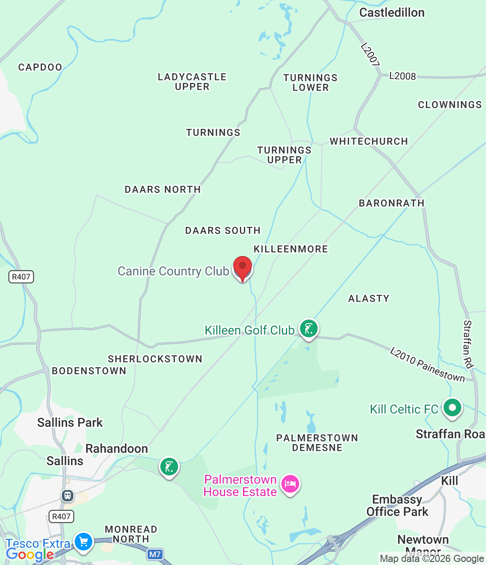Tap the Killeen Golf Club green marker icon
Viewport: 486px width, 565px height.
[x=308, y=329]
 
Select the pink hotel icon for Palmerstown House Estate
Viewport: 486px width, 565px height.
[x=290, y=484]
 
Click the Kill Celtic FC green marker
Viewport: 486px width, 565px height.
[x=452, y=408]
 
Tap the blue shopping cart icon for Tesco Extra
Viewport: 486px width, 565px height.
[x=83, y=542]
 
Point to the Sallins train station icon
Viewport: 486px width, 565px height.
[x=67, y=496]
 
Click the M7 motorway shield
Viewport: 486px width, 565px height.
[x=155, y=554]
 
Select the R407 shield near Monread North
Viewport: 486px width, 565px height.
[x=61, y=516]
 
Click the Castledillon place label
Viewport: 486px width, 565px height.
[x=392, y=12]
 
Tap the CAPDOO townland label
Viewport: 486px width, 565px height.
[x=40, y=67]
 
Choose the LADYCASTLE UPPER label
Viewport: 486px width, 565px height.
[x=192, y=82]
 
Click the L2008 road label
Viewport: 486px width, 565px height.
[x=402, y=76]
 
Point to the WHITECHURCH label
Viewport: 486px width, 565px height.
[x=369, y=141]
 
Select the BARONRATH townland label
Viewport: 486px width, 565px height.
[x=391, y=203]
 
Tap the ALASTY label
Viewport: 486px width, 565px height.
[x=369, y=298]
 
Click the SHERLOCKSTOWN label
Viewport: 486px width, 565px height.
[x=155, y=359]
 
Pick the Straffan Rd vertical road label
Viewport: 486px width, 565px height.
[x=468, y=344]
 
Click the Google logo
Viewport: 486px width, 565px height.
[x=30, y=554]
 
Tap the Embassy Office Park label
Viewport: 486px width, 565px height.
[x=397, y=505]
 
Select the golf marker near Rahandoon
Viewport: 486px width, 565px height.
[x=169, y=467]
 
